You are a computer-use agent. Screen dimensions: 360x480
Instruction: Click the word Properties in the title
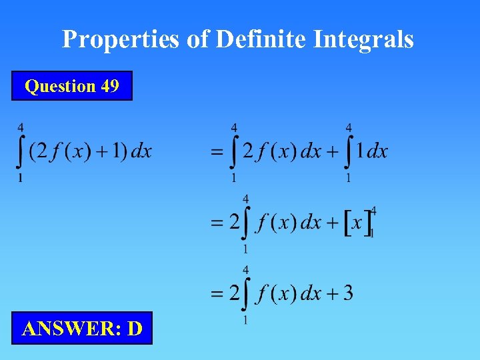pos(120,40)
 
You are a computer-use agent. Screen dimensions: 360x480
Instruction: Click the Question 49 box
pos(72,86)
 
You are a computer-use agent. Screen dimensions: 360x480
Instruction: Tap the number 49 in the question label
pos(110,86)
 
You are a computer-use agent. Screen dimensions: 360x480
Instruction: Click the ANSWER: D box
pos(82,328)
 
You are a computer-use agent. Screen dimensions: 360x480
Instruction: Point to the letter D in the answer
pos(134,329)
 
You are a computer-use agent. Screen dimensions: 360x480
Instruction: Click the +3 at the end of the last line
pos(341,293)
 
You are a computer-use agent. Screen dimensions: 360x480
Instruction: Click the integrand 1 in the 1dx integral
pos(360,151)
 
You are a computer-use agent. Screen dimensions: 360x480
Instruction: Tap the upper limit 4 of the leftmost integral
pos(21,127)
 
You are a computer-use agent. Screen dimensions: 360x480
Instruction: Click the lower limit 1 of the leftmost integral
pos(21,178)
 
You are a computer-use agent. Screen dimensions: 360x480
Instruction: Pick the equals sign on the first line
pos(217,153)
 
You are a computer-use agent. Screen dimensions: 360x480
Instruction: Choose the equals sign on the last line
pos(217,294)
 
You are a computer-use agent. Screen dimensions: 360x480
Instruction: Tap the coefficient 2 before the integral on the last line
pos(234,293)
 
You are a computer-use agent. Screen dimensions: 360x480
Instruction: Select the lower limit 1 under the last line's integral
pos(246,321)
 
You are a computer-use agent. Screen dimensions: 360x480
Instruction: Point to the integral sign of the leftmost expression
pos(21,152)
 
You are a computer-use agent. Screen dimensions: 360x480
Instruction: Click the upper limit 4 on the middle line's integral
pos(246,198)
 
